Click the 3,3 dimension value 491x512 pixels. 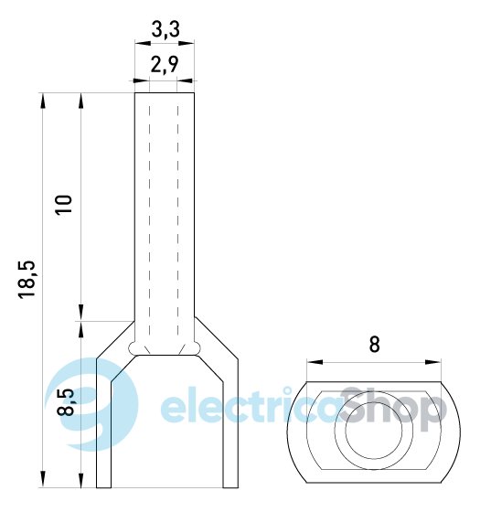point(165,29)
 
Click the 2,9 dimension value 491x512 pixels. point(165,64)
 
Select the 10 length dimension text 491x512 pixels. point(64,205)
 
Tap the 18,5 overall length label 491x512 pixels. point(27,279)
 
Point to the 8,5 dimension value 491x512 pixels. point(66,402)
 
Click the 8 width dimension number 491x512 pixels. point(374,344)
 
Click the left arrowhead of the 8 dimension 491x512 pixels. point(315,362)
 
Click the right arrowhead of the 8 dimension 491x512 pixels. point(433,362)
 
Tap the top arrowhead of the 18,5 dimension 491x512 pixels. point(43,101)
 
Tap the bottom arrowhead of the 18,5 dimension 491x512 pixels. point(43,479)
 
